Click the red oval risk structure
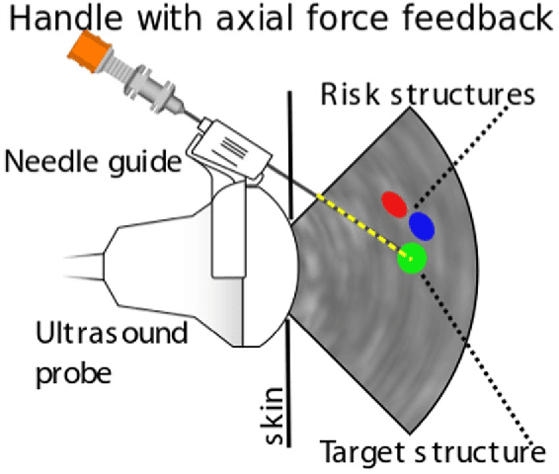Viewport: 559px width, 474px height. pyautogui.click(x=395, y=203)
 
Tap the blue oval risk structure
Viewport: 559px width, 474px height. pyautogui.click(x=423, y=226)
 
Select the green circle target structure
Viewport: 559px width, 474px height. pyautogui.click(x=412, y=259)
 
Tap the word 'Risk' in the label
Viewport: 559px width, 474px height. pyautogui.click(x=342, y=96)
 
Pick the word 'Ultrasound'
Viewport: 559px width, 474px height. pyautogui.click(x=110, y=333)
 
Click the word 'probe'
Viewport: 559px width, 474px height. pyautogui.click(x=71, y=374)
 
